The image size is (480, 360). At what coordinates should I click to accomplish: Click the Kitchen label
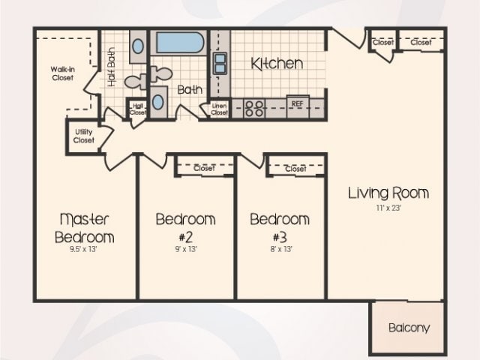point(277,64)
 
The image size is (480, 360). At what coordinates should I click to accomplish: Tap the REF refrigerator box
point(297,104)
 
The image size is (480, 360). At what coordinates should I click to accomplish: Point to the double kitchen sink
point(220,63)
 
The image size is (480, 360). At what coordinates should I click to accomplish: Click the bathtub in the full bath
point(179,43)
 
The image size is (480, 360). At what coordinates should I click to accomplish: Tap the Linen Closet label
point(219,109)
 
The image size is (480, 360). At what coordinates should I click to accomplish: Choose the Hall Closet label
point(137,109)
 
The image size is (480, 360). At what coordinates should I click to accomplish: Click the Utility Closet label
point(83,136)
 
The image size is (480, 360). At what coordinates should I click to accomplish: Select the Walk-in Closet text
point(63,73)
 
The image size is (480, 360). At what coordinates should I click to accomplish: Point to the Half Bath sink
point(139,46)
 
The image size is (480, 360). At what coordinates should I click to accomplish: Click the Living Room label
point(388,193)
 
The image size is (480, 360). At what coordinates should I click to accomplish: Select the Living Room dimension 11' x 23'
point(388,208)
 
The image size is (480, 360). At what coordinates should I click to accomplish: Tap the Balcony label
point(409,328)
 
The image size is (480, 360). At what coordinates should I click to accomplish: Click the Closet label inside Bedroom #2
point(203,169)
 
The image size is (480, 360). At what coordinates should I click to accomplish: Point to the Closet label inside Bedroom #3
point(295,169)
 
